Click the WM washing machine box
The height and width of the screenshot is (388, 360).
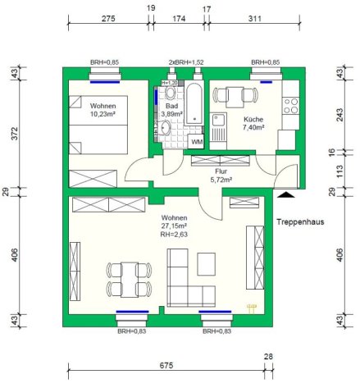click(x=197, y=141)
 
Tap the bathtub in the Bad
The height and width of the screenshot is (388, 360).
click(x=194, y=104)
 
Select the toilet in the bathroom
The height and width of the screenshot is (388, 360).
click(x=171, y=92)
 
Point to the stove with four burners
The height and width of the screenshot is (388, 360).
click(x=290, y=106)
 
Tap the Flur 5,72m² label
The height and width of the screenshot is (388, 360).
click(x=221, y=176)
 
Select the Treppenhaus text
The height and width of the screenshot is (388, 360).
click(x=300, y=221)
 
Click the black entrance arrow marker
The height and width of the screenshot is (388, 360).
click(x=286, y=194)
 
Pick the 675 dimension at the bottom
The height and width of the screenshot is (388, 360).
click(x=166, y=365)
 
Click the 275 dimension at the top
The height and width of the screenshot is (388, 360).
click(x=108, y=19)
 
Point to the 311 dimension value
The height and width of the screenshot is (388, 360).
click(x=254, y=19)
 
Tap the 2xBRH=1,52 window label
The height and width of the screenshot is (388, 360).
click(x=186, y=62)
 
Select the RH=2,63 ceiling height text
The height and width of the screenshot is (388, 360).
click(x=174, y=235)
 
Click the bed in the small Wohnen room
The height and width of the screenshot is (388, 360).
click(x=98, y=125)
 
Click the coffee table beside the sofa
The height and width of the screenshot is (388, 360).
click(x=207, y=264)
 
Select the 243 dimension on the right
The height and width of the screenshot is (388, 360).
click(x=339, y=115)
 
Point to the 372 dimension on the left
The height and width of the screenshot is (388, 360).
click(x=14, y=134)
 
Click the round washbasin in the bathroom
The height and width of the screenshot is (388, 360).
click(x=166, y=128)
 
